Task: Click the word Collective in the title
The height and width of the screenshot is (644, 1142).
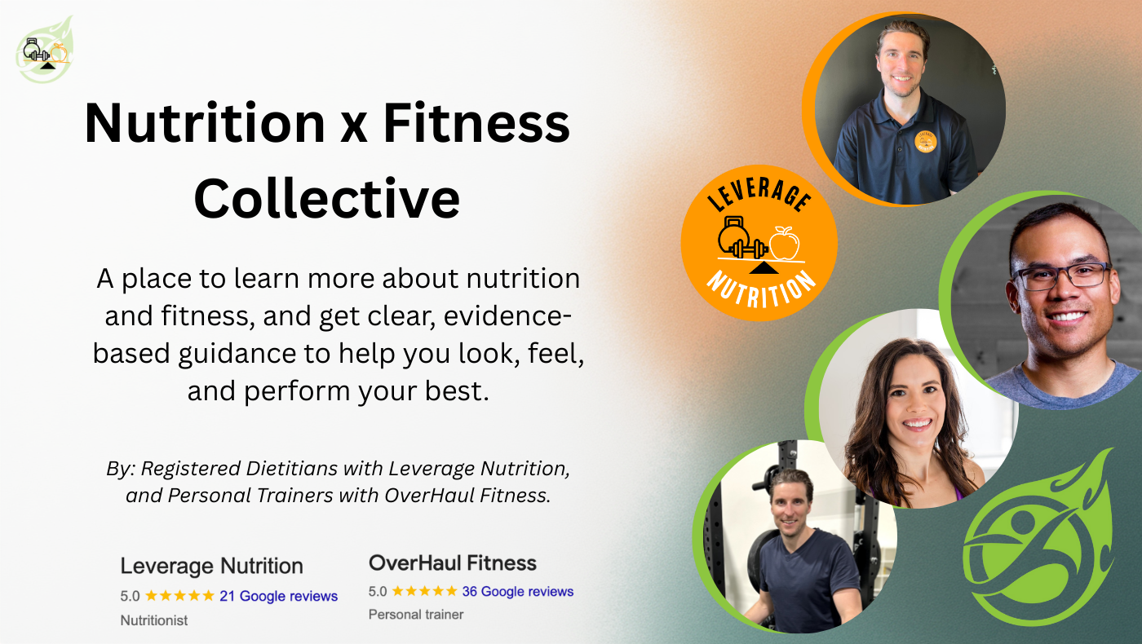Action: tap(327, 198)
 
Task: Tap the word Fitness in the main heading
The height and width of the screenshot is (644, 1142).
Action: tap(476, 123)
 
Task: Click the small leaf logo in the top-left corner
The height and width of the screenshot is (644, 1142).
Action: tap(46, 51)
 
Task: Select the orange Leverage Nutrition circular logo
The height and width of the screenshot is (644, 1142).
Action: tap(759, 243)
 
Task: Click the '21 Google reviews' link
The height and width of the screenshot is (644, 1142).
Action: tap(278, 596)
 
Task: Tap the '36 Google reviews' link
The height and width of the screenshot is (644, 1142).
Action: tap(517, 591)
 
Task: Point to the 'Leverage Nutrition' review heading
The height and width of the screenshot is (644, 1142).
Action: tap(211, 566)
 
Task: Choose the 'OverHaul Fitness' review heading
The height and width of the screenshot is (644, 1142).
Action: tap(453, 563)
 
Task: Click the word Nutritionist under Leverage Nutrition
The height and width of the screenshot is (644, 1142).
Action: tap(154, 620)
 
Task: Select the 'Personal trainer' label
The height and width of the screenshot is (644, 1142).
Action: tap(416, 615)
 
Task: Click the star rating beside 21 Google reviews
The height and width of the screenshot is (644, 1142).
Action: tap(179, 595)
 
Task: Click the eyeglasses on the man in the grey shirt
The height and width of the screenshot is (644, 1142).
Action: tap(1061, 276)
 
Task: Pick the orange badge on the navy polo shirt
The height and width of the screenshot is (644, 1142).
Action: tap(925, 141)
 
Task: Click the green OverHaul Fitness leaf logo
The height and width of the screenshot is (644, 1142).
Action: tap(1038, 537)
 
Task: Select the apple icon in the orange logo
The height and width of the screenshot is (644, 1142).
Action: tap(785, 244)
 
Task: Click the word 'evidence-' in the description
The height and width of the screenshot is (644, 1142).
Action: tap(507, 316)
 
